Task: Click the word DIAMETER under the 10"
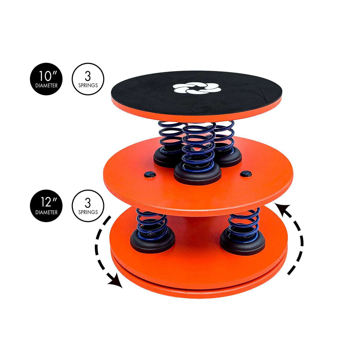pos(46,86)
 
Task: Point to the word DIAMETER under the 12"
pos(46,213)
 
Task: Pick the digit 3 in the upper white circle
pos(88,77)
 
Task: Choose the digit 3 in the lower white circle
pos(88,203)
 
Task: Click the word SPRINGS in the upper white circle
pos(88,85)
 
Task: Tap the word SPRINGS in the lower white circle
pos(88,212)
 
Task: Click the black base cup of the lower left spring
pos(152,242)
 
